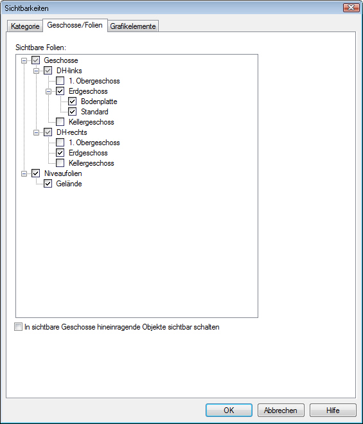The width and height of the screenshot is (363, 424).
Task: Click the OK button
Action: coord(229,411)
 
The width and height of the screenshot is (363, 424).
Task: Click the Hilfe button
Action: coord(333,411)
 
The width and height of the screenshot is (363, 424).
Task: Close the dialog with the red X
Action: coord(351,8)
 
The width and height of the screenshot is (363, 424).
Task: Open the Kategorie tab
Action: coord(25,26)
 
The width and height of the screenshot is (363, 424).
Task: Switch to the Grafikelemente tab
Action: coord(133,26)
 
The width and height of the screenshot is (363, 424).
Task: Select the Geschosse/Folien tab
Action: coord(75,25)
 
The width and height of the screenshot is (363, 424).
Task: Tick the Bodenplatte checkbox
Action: coord(72,102)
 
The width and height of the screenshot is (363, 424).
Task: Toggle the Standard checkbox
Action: coord(72,112)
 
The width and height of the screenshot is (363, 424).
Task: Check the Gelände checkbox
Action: coord(48,184)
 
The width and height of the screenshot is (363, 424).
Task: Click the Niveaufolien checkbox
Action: coord(36,173)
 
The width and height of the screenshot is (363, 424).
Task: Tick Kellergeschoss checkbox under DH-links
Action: coord(60,122)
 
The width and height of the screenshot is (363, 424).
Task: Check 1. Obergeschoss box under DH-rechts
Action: coord(60,143)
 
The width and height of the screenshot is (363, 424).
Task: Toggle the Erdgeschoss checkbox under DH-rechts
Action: coord(60,153)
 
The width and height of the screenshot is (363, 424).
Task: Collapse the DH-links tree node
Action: coord(36,71)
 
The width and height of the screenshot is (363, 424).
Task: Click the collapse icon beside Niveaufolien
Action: coord(24,173)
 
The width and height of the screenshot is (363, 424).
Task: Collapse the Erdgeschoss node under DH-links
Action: coord(48,91)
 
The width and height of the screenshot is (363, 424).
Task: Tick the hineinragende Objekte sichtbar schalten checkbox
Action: coord(18,327)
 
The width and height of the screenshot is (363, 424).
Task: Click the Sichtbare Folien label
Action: coord(41,48)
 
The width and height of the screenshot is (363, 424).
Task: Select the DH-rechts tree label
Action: coord(72,132)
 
